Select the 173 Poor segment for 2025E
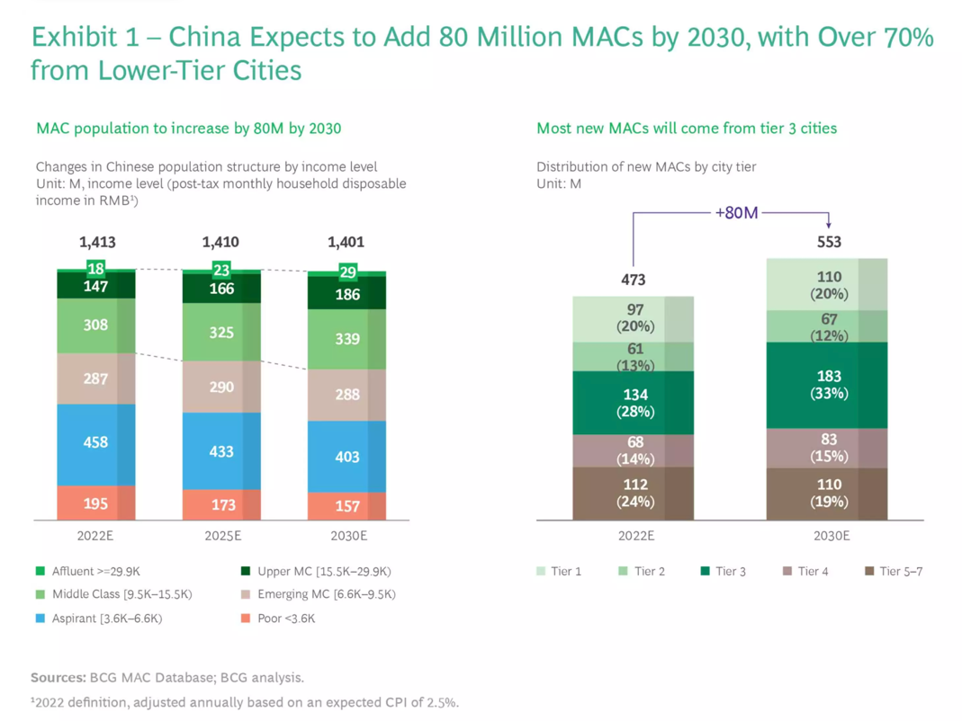[221, 504]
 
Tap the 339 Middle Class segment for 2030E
[346, 339]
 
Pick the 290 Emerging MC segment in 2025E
[221, 387]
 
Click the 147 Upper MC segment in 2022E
[95, 286]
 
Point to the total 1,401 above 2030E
[346, 242]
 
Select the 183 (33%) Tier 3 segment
[828, 385]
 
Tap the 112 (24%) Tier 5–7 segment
[634, 493]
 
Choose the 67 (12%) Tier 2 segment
[828, 326]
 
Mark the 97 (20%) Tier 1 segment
[634, 317]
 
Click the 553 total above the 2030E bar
[828, 242]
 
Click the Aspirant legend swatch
[40, 619]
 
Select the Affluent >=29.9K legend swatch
[40, 571]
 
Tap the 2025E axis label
[221, 537]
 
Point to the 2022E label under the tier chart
[634, 537]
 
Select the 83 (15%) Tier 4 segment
[828, 448]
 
